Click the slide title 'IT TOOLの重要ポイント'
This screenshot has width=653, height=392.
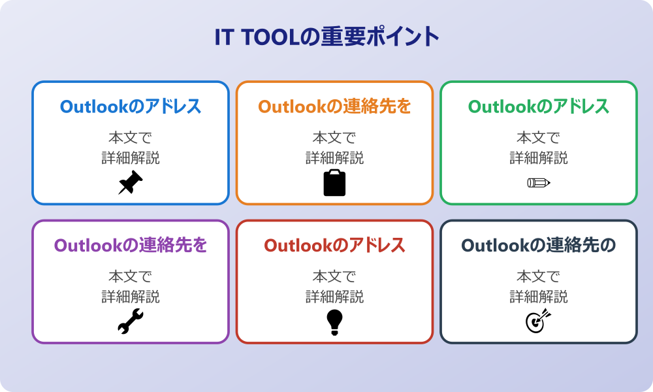coord(326,37)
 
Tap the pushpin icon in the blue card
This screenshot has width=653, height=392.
coord(131,182)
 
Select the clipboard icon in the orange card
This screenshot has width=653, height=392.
coord(334,183)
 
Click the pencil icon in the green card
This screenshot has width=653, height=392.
coord(539,182)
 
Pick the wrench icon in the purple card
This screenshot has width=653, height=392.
coord(131,321)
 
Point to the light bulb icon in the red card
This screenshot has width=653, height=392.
coord(334,322)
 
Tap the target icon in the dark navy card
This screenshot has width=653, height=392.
coord(539,321)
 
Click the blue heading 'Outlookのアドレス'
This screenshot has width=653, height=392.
coord(131,106)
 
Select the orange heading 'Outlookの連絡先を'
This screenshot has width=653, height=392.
coord(334,106)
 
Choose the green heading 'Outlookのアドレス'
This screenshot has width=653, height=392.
coord(539,106)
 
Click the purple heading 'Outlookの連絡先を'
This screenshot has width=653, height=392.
coord(131,246)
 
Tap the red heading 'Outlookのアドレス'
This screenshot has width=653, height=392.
coord(334,246)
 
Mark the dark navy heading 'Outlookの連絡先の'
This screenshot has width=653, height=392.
coord(539,246)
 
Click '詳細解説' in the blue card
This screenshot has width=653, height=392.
coord(131,158)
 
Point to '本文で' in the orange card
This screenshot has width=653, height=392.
coord(334,138)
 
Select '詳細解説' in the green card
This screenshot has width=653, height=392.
coord(539,158)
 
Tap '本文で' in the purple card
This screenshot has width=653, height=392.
coord(131,277)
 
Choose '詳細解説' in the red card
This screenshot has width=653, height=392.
coord(334,297)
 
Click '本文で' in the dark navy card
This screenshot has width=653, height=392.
coord(539,277)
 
